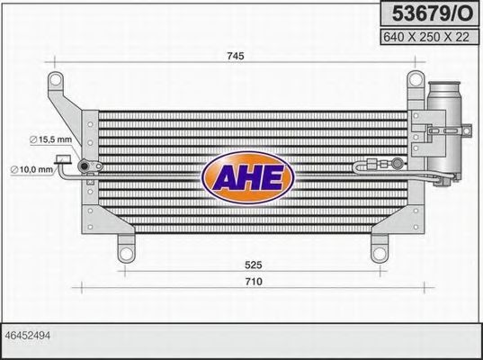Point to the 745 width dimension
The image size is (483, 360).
point(235,56)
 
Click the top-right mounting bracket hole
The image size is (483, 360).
point(416,81)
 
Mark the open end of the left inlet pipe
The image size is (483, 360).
point(61,161)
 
